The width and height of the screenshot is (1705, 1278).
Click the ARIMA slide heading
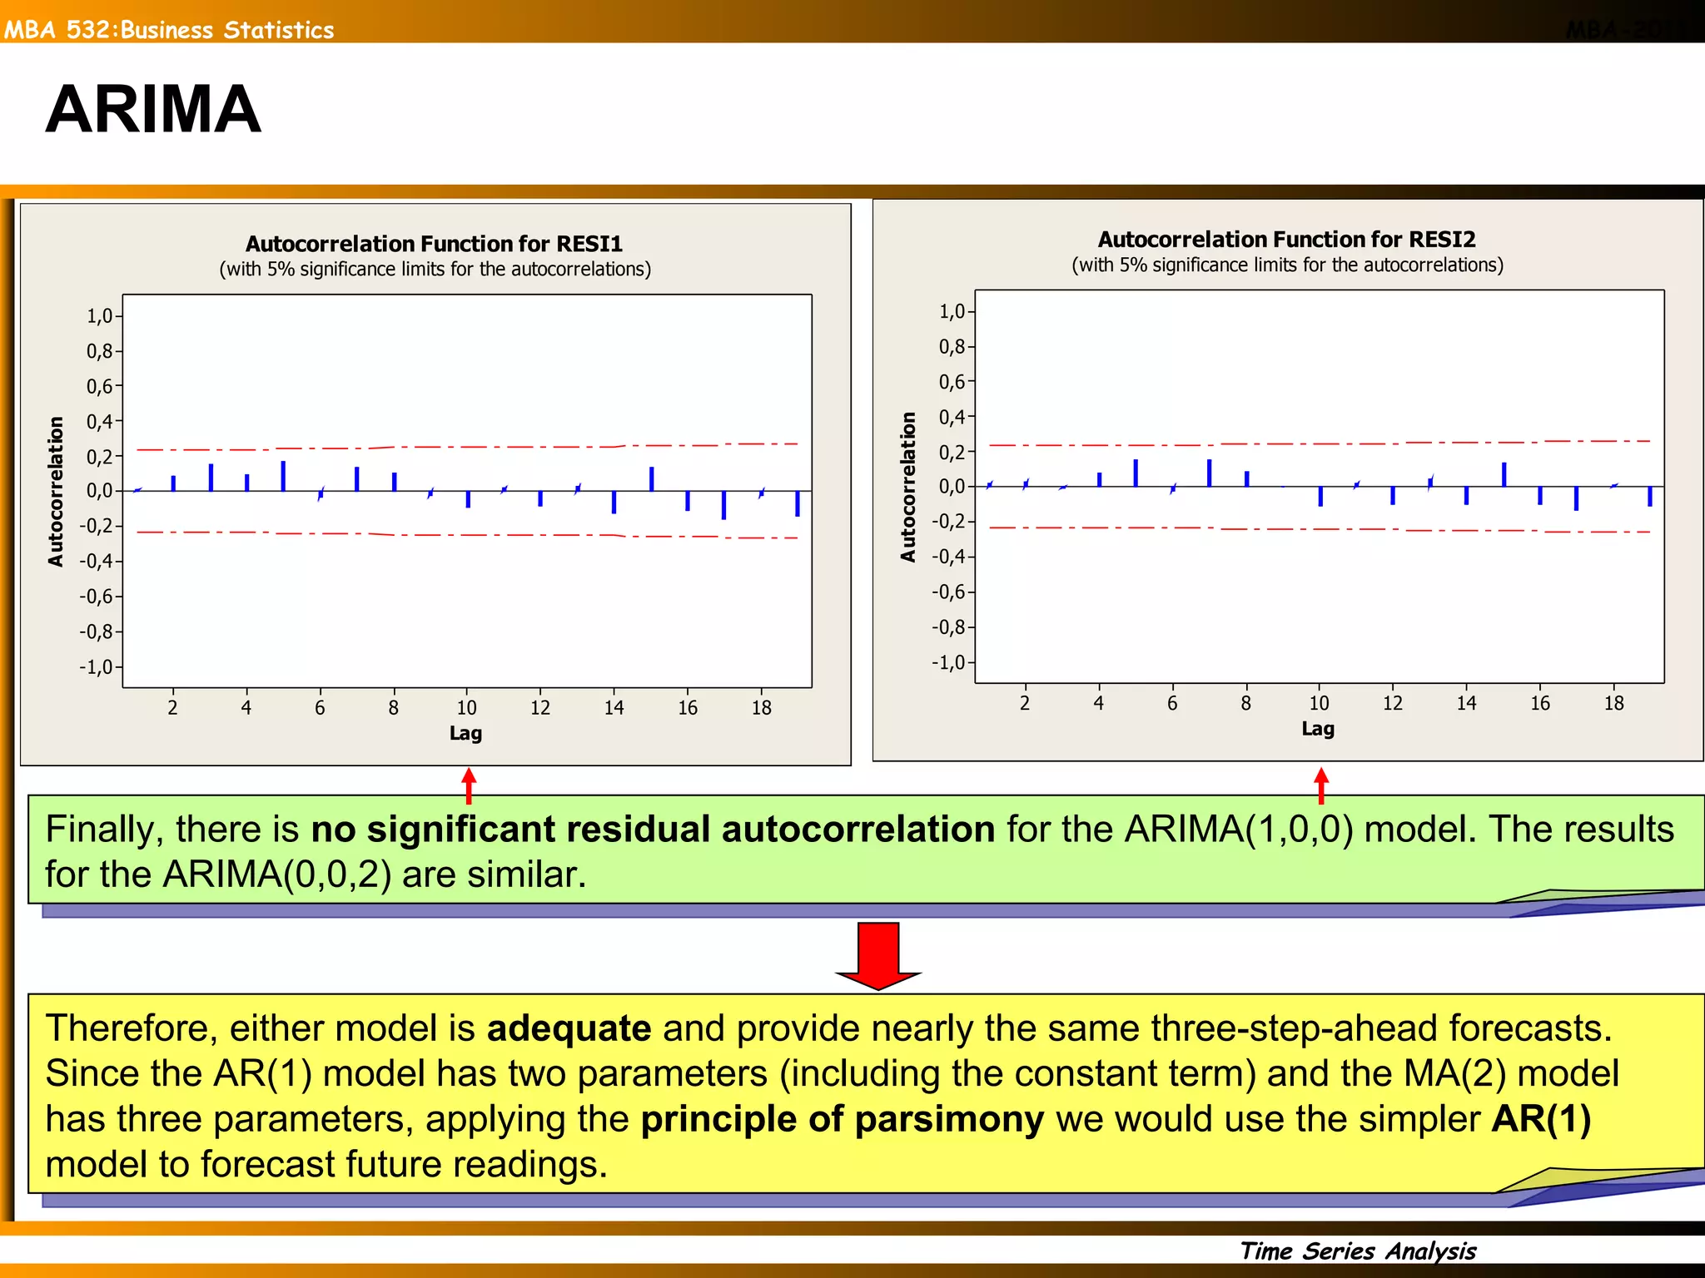[153, 110]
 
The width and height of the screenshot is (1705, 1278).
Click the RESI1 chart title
[434, 244]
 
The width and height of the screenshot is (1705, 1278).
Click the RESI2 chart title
[1286, 240]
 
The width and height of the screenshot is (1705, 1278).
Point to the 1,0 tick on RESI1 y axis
[99, 316]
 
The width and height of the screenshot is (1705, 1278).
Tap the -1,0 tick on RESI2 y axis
[948, 663]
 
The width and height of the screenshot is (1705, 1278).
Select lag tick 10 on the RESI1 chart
[466, 708]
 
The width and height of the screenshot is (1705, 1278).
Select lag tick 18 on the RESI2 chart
[1613, 704]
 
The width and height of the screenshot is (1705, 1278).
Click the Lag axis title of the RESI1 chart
[465, 734]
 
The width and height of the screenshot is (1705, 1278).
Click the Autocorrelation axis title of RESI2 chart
[907, 487]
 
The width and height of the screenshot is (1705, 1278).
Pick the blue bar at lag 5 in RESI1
[283, 477]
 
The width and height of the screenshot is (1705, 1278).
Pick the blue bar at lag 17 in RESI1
[723, 505]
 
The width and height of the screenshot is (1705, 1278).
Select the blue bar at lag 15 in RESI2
[1504, 474]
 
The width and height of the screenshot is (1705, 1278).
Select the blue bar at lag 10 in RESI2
[1320, 496]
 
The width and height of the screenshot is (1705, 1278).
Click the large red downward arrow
[878, 955]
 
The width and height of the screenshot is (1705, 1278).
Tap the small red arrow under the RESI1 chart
[469, 785]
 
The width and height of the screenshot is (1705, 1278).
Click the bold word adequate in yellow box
[569, 1028]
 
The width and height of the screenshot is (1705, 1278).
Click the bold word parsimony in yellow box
[949, 1119]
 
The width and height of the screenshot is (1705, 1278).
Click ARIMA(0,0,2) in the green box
[276, 874]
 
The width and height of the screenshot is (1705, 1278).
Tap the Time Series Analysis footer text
[1358, 1251]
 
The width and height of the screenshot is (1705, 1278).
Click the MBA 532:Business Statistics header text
[169, 30]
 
